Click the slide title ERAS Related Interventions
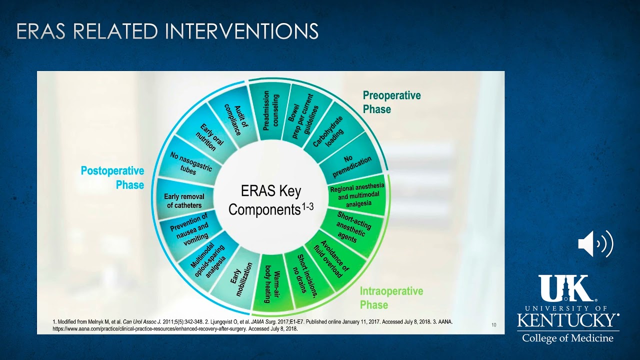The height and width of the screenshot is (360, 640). (167, 31)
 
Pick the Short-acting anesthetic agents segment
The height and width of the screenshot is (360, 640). (350, 226)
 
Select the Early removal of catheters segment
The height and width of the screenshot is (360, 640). (183, 201)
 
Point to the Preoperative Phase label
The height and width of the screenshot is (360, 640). (391, 102)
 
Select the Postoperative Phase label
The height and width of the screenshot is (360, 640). (112, 177)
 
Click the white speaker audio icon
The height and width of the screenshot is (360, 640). (595, 244)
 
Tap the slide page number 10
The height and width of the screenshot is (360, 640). (494, 325)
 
